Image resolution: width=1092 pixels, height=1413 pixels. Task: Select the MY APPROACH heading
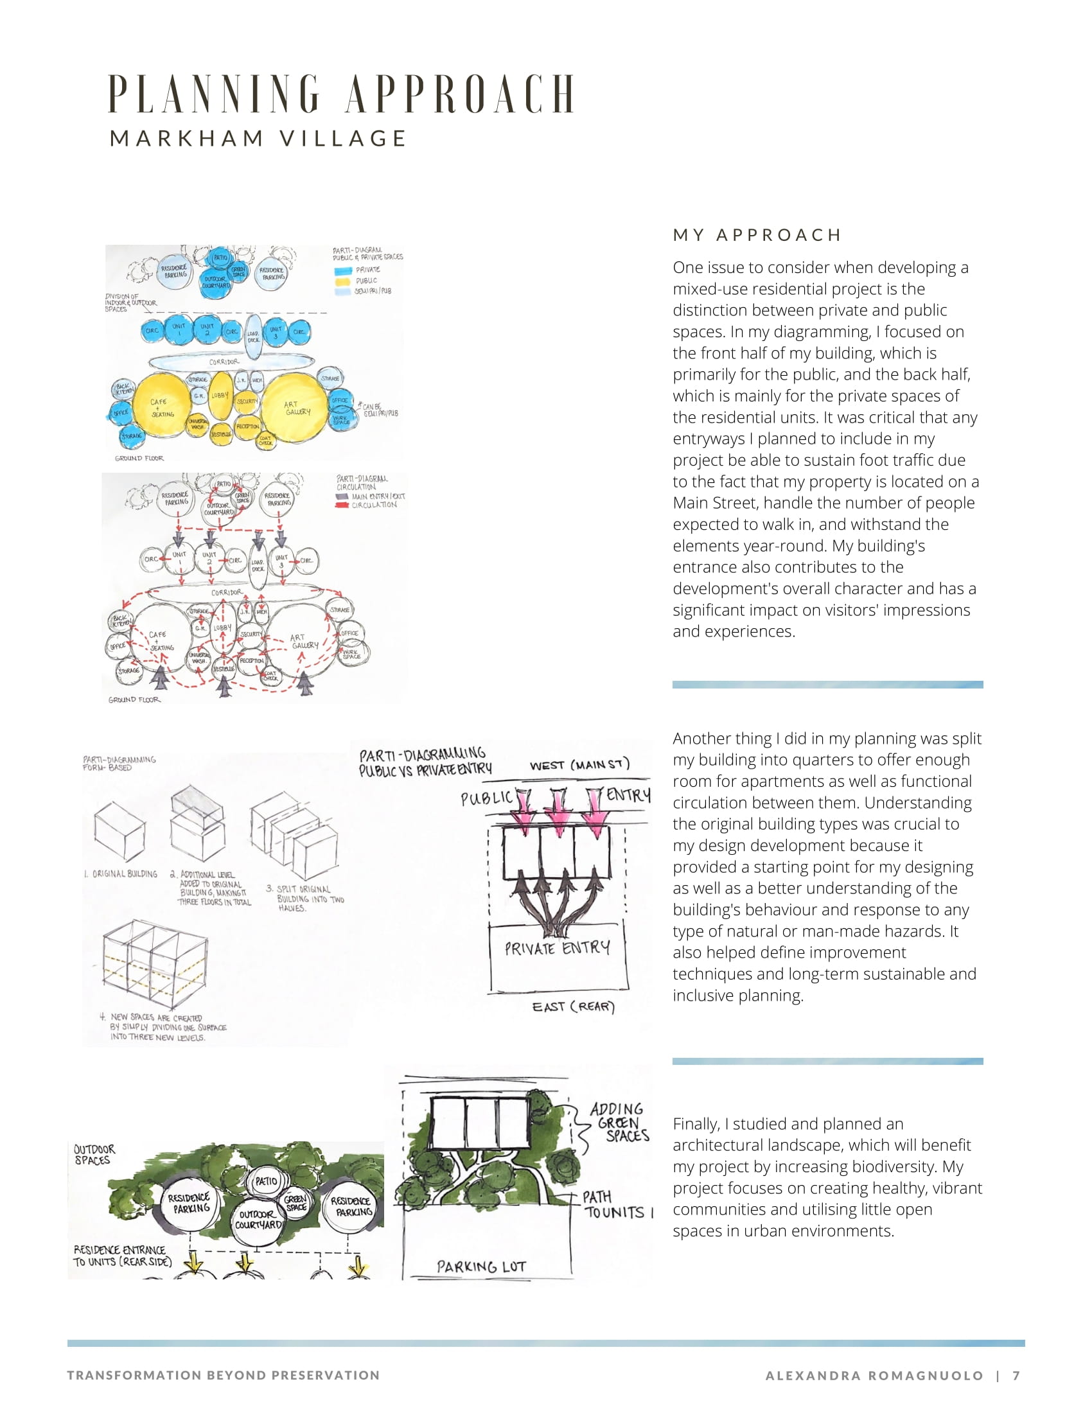(x=756, y=235)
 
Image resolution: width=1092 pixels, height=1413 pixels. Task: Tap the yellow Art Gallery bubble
(x=296, y=408)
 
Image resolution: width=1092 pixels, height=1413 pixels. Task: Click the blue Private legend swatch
(x=342, y=270)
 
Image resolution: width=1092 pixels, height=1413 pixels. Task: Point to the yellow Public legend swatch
(x=342, y=281)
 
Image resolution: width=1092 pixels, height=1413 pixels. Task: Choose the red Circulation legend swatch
(x=342, y=505)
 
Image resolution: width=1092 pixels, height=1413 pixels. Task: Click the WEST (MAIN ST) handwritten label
(x=579, y=765)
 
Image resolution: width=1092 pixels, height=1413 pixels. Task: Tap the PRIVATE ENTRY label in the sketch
(x=557, y=949)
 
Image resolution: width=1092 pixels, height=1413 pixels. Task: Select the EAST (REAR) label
(x=573, y=1006)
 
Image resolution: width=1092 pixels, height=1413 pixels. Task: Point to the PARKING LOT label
(x=481, y=1267)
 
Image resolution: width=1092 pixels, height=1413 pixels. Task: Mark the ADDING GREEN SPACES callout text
(x=619, y=1123)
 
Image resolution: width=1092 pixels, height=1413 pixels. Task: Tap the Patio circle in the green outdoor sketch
(x=266, y=1180)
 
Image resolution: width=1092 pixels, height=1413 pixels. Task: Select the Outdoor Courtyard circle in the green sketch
(x=258, y=1220)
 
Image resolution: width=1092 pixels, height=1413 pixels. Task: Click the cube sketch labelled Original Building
(x=119, y=829)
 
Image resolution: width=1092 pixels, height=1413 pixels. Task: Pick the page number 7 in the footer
(x=1016, y=1376)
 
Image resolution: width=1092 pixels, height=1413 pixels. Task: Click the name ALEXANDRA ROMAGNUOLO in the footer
(x=874, y=1376)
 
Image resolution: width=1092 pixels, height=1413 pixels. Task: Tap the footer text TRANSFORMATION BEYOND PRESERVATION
(x=223, y=1375)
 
